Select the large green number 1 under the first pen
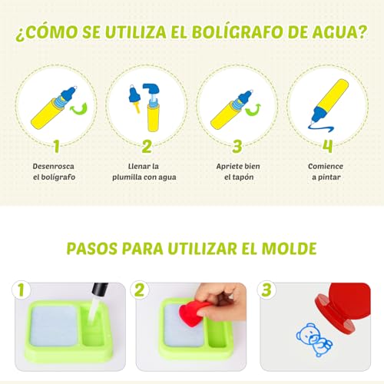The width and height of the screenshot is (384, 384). pos(57,147)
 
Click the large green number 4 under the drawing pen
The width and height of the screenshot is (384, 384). pos(327,147)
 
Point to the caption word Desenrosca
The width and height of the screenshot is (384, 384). pos(53,167)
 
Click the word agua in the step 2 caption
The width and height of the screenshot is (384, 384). pos(167,177)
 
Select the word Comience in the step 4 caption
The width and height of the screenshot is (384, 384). pos(326,167)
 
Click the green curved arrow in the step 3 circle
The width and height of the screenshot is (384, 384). pos(253,111)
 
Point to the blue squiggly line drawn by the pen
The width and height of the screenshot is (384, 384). pos(322,127)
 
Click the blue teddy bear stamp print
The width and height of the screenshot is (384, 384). pos(314,339)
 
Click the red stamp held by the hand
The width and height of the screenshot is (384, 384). pos(193,313)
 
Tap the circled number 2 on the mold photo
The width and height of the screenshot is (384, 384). pos(140,290)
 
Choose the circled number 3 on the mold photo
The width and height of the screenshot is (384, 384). pos(266,290)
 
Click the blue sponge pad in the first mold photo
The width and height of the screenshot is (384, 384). pos(55,325)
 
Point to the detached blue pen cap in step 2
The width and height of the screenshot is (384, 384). pos(134,98)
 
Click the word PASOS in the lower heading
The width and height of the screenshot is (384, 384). pos(92,249)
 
